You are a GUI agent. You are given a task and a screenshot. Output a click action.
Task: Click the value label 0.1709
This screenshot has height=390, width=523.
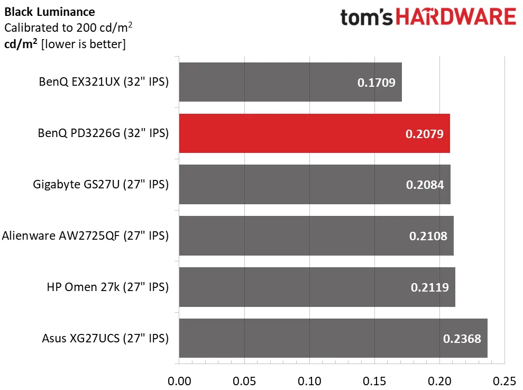[377, 83]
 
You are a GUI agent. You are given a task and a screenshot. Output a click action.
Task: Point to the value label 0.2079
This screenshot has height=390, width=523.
[425, 134]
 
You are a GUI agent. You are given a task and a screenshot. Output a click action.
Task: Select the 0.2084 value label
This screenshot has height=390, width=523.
[425, 185]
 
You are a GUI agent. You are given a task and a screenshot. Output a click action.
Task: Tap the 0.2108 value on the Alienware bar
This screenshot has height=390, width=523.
[428, 236]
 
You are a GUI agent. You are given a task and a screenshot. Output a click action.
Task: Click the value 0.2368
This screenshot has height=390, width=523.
[462, 338]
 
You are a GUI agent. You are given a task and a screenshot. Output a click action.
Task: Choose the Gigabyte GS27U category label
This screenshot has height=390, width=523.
[100, 185]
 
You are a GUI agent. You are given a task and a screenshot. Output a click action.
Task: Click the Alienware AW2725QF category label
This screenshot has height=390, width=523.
[86, 236]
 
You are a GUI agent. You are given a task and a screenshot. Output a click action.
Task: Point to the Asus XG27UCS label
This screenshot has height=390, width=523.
[105, 338]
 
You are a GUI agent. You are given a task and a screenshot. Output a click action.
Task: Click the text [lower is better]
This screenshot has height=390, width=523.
[83, 44]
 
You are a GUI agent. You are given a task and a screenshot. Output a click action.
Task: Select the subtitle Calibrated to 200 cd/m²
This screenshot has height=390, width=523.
[68, 28]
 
